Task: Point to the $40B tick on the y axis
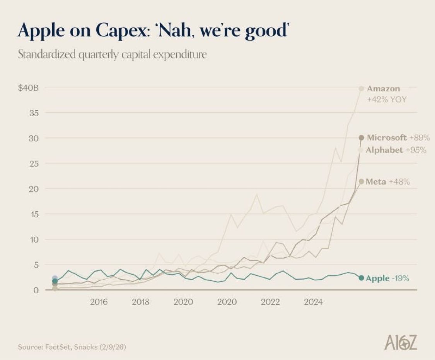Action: [28, 88]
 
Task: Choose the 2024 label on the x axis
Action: [313, 302]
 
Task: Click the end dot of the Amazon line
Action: [361, 89]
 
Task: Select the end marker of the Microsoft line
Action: [361, 137]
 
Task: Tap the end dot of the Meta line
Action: [361, 181]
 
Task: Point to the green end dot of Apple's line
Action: [361, 278]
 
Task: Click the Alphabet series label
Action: [384, 150]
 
